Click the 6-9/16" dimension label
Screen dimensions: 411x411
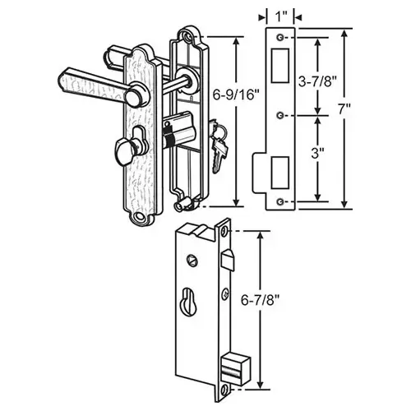coord(236,95)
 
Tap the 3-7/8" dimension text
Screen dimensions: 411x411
coord(317,81)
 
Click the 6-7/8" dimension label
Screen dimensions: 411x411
coord(260,301)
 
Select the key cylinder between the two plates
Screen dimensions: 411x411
coord(178,130)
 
